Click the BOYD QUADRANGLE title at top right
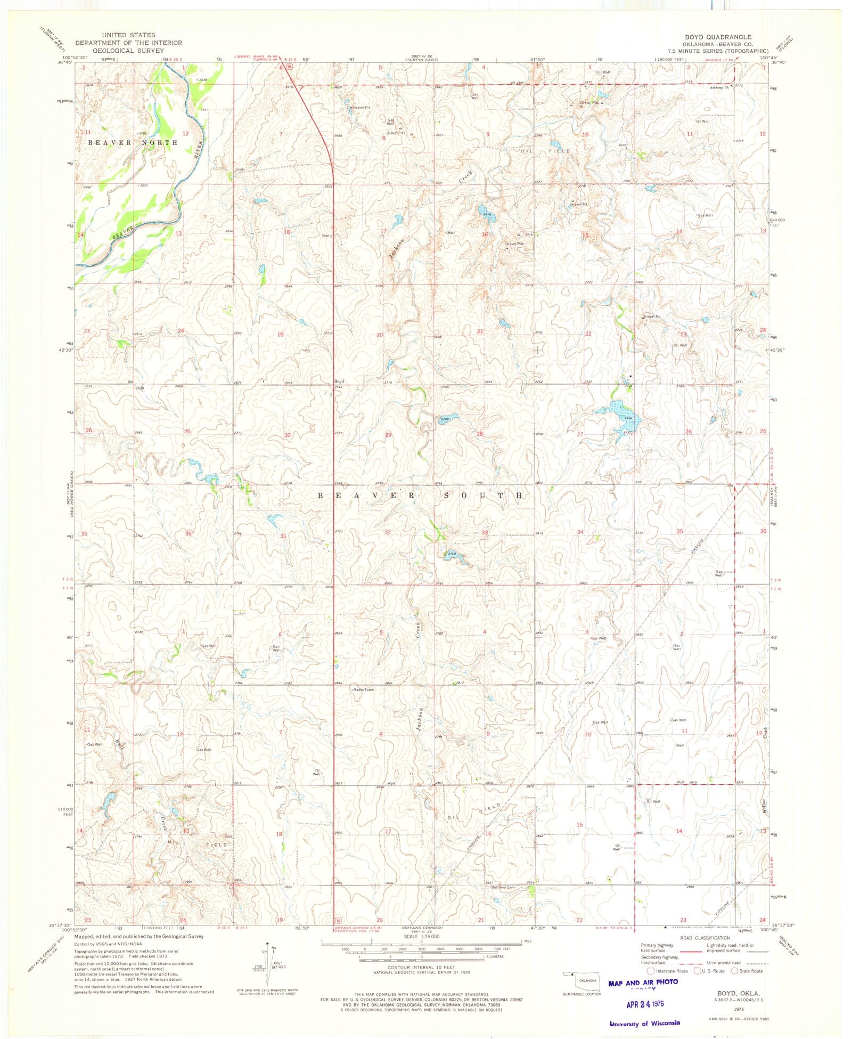(x=718, y=37)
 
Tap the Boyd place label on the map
(x=339, y=381)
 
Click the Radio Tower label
(x=364, y=689)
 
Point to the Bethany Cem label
(x=503, y=887)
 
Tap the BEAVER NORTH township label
(x=133, y=142)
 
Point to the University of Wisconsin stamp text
(x=644, y=1023)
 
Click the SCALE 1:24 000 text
(x=422, y=936)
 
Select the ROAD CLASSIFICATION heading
(x=704, y=938)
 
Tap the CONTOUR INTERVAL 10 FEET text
(x=421, y=967)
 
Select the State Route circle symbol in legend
(x=735, y=971)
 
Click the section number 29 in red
(x=388, y=435)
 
